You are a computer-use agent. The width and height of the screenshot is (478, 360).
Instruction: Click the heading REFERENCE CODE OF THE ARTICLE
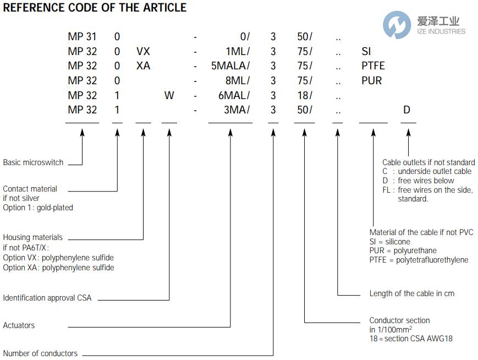pyautogui.click(x=95, y=8)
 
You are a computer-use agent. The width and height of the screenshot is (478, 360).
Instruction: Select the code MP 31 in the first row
pyautogui.click(x=82, y=37)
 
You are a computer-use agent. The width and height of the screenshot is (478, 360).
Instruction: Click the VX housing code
pyautogui.click(x=143, y=52)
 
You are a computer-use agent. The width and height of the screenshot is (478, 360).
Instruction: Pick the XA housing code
pyautogui.click(x=143, y=66)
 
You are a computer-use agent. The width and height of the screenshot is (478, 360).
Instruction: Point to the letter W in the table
pyautogui.click(x=169, y=95)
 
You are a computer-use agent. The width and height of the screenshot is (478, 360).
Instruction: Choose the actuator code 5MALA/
pyautogui.click(x=230, y=66)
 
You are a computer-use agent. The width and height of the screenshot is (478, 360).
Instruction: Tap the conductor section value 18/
pyautogui.click(x=305, y=95)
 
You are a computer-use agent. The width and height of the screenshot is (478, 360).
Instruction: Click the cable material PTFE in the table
pyautogui.click(x=373, y=66)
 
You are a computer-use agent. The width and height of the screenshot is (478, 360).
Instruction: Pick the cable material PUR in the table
pyautogui.click(x=371, y=80)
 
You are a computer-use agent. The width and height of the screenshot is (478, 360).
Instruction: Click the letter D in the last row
pyautogui.click(x=406, y=110)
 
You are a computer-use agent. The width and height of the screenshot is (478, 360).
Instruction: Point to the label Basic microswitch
pyautogui.click(x=33, y=162)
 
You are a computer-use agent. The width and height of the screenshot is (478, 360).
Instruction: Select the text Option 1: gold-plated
pyautogui.click(x=38, y=208)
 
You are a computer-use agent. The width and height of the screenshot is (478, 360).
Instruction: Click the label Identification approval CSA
pyautogui.click(x=47, y=298)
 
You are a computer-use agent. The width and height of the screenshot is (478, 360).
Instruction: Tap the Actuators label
pyautogui.click(x=19, y=325)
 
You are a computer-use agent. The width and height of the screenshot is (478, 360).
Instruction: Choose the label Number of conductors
pyautogui.click(x=40, y=353)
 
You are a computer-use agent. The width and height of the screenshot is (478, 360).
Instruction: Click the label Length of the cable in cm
pyautogui.click(x=412, y=293)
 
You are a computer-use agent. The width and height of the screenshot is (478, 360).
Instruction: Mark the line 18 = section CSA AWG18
pyautogui.click(x=411, y=339)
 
